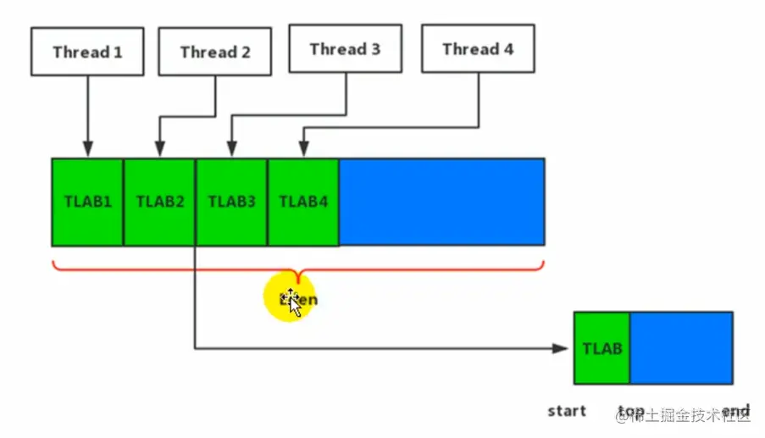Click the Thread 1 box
[87, 52]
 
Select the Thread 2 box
[215, 52]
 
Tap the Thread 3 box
[345, 48]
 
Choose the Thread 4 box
[478, 48]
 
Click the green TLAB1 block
[87, 202]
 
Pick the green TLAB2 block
[159, 202]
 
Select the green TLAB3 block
[231, 202]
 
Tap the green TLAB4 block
[303, 202]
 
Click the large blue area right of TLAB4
[441, 202]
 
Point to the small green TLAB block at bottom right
[601, 348]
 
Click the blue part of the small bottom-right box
[681, 348]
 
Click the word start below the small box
[567, 411]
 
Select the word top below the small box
[631, 411]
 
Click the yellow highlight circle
[291, 298]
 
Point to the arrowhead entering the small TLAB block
[560, 348]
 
